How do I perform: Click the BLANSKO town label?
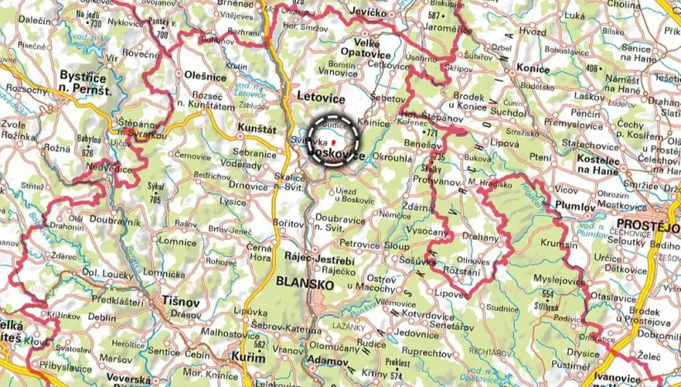pyautogui.click(x=305, y=284)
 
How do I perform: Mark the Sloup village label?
pyautogui.click(x=397, y=246)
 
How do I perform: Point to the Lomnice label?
pyautogui.click(x=177, y=241)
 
